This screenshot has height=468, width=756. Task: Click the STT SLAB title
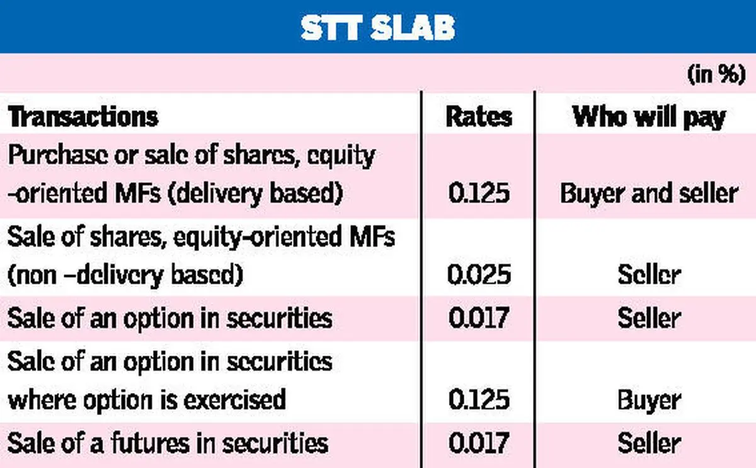377,28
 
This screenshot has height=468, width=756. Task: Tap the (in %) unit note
716,74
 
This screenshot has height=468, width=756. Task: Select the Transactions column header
83,117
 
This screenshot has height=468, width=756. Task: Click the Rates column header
479,117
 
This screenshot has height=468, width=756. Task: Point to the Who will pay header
649,117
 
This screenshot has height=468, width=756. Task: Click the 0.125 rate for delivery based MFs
479,193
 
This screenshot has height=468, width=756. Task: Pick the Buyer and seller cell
650,194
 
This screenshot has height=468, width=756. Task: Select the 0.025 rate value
479,274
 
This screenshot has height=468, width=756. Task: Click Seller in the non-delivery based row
650,274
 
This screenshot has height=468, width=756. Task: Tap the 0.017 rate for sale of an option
479,318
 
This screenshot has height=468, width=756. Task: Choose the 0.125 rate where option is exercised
479,399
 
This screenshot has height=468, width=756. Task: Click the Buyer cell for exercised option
650,401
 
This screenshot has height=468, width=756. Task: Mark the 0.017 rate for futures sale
479,443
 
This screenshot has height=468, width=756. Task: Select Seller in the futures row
650,443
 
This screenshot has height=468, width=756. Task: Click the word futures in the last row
150,443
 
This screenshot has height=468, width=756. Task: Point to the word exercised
234,399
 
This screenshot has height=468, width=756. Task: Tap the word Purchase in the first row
57,155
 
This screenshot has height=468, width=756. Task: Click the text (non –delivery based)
125,276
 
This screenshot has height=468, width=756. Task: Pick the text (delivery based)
255,194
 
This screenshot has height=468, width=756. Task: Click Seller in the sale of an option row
650,318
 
